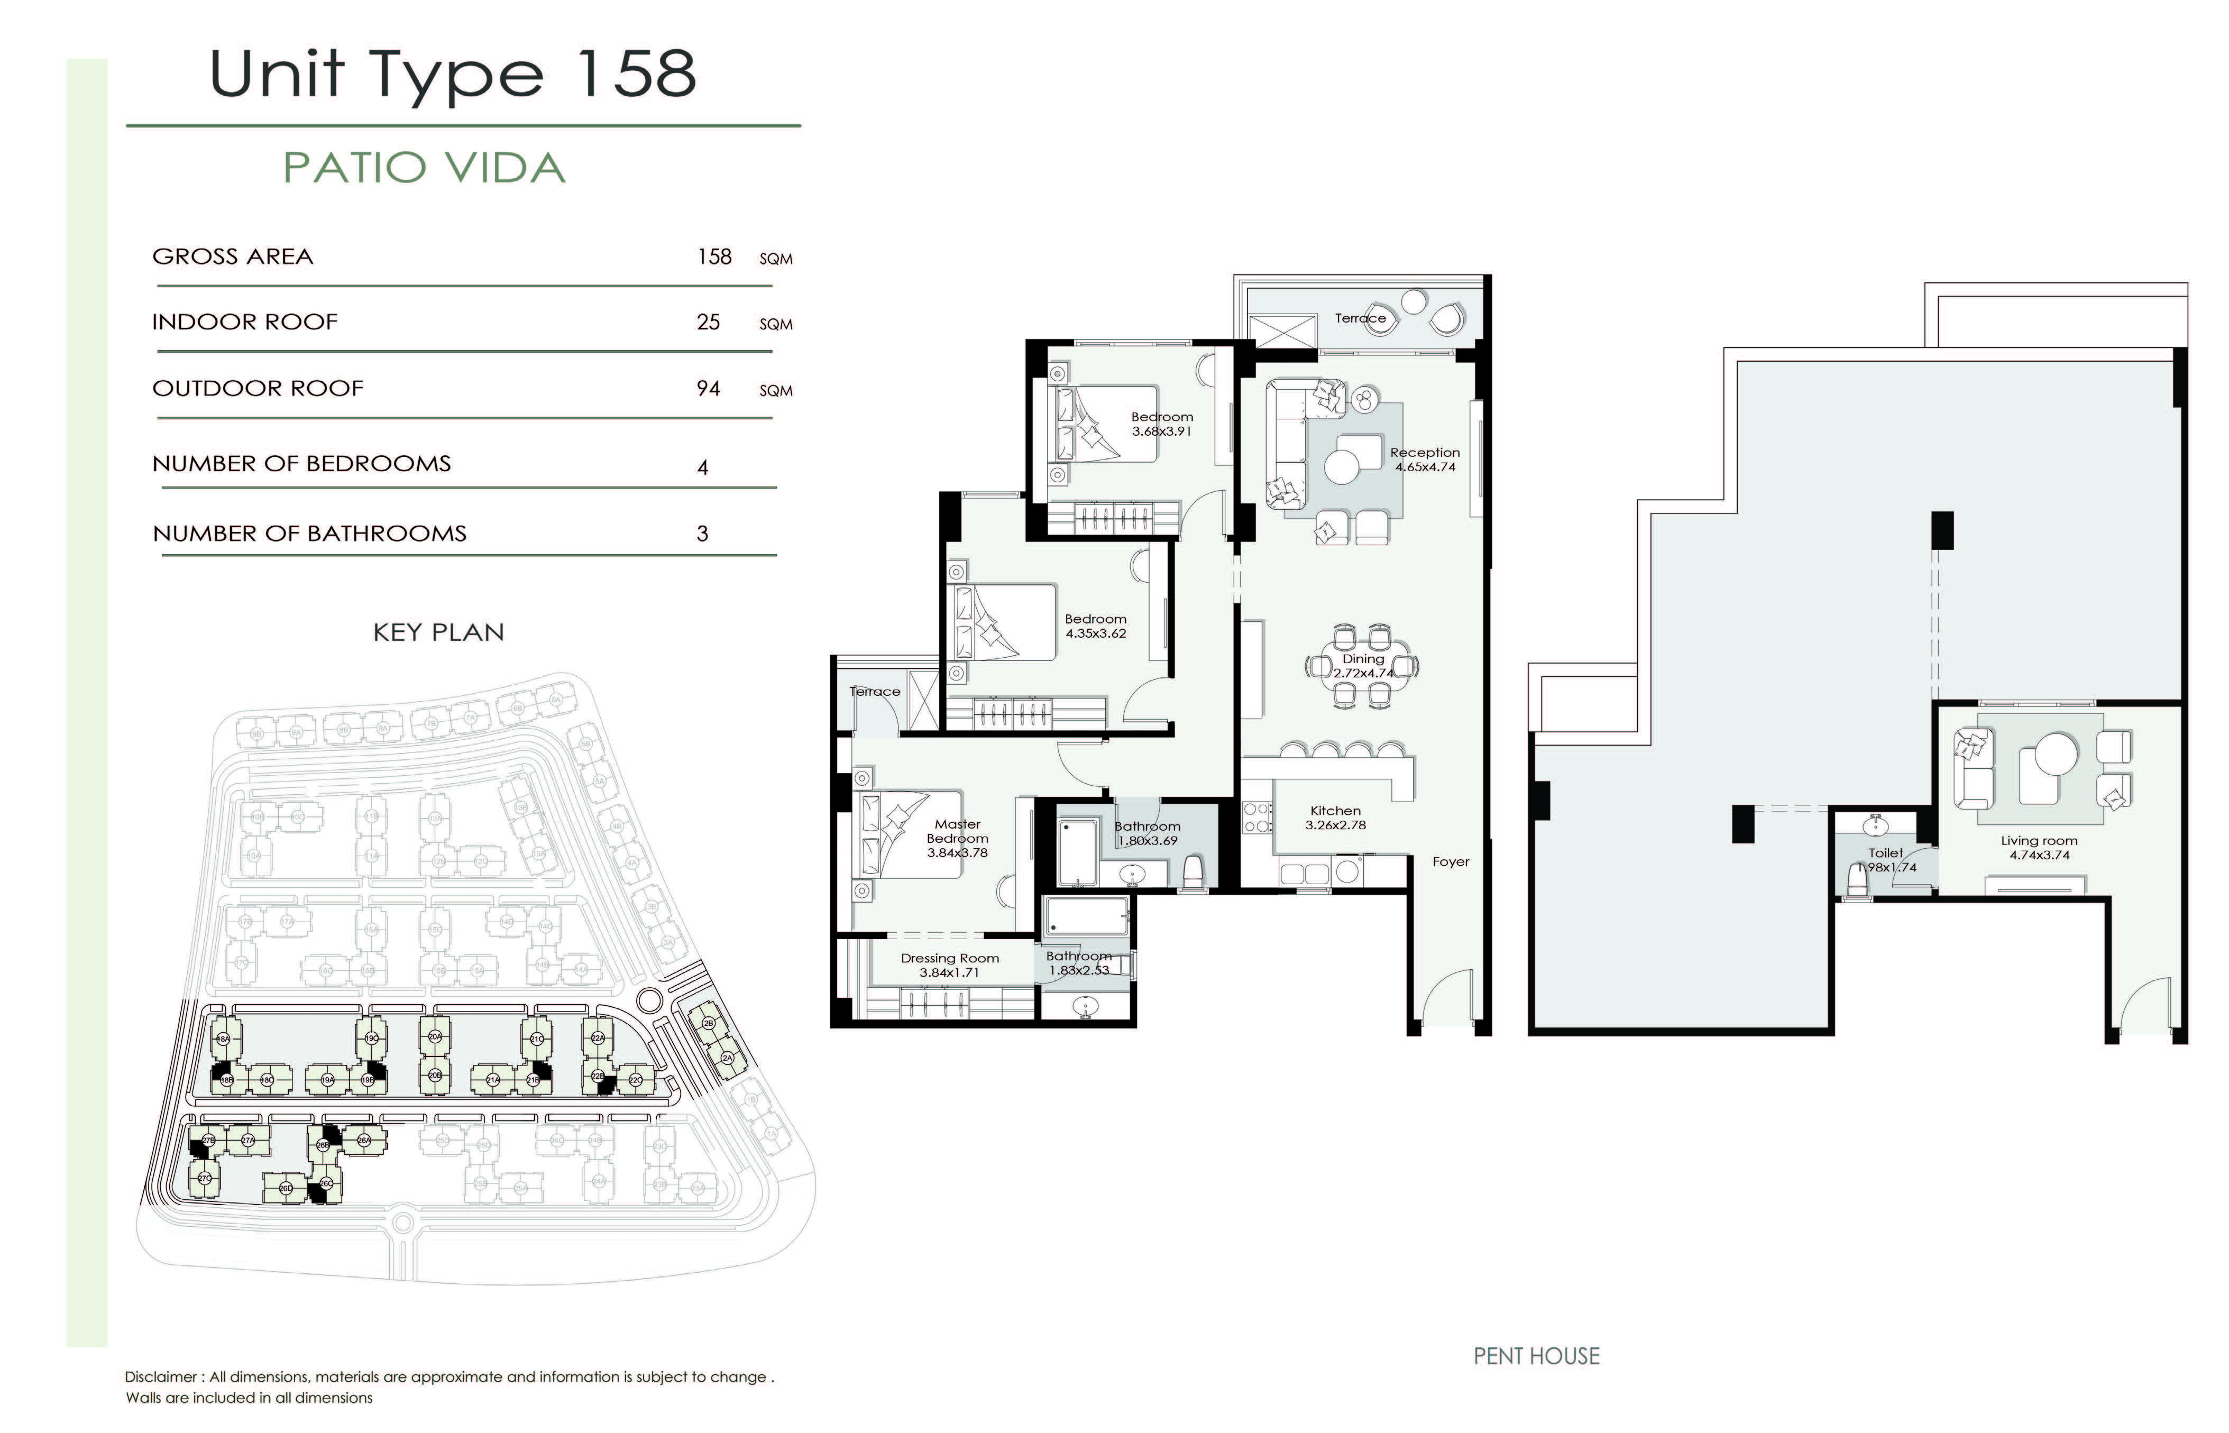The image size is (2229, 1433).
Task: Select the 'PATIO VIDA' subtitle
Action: pos(424,169)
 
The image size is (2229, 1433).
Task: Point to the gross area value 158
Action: pos(714,257)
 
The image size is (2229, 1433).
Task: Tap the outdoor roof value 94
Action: pos(708,389)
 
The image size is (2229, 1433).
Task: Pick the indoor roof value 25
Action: pos(708,322)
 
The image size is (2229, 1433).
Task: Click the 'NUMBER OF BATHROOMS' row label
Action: pos(310,534)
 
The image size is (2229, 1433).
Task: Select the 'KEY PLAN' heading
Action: pos(438,633)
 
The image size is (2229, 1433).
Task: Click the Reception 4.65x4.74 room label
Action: pos(1424,460)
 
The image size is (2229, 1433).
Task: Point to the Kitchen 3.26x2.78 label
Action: pos(1335,818)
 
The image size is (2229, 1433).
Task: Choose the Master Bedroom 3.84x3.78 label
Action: pos(957,839)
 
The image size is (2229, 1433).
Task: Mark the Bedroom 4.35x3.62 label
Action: pos(1095,626)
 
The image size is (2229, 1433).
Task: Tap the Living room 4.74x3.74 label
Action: pos(2038,848)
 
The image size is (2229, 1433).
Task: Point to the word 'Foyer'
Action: pos(1451,862)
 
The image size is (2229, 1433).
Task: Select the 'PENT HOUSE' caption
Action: pos(1536,1357)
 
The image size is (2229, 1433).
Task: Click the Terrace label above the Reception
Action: pos(1360,318)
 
